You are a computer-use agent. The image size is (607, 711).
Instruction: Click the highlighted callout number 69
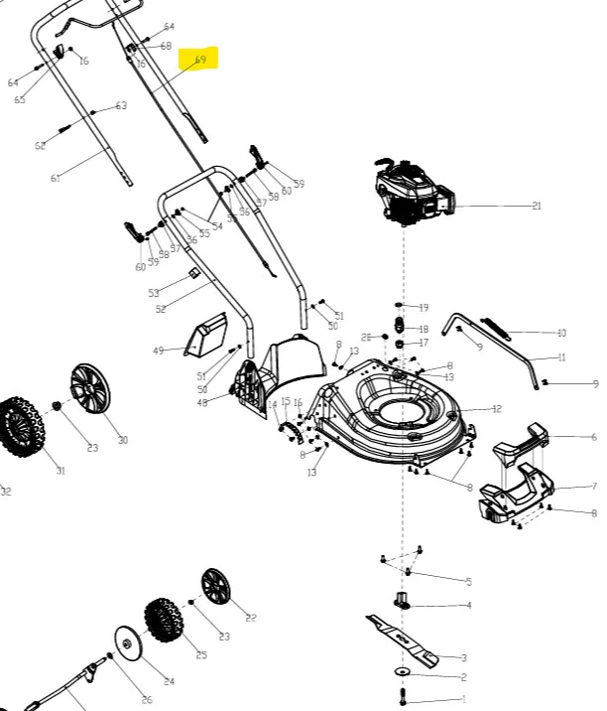200,60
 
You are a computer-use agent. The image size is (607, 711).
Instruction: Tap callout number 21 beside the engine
537,207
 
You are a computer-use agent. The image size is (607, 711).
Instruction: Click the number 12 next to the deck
497,409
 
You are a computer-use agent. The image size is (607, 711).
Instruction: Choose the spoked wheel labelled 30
89,390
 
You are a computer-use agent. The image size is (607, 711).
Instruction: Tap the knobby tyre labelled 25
163,621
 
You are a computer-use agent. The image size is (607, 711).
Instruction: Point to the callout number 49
158,351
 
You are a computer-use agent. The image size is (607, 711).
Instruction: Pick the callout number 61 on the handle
56,179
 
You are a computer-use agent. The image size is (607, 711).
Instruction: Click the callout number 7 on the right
593,487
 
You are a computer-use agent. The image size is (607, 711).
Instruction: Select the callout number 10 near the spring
561,334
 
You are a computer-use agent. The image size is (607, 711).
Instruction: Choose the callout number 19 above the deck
424,308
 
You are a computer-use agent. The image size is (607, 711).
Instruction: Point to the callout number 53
154,293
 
